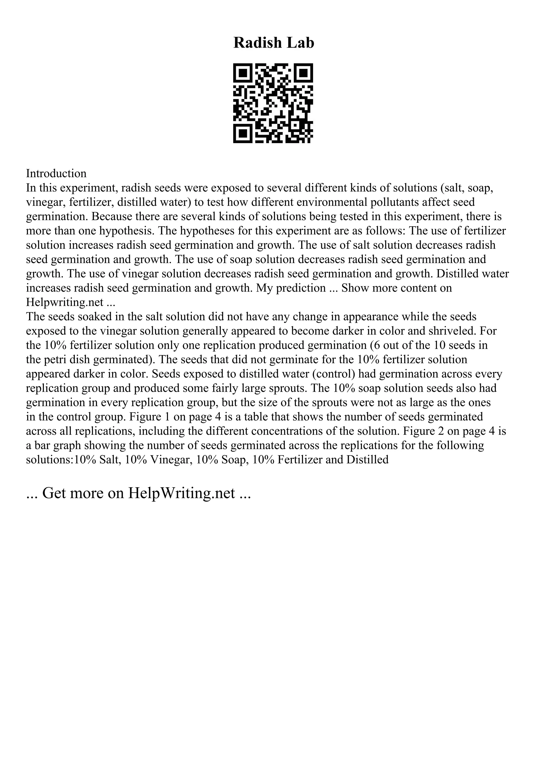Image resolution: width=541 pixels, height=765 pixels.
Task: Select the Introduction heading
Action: (56, 173)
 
